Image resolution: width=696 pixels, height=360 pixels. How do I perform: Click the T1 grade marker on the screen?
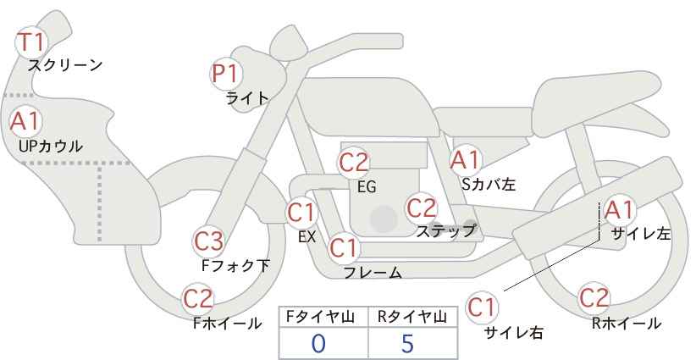pos(31,42)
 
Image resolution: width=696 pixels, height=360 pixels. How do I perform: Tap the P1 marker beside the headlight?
pos(226,74)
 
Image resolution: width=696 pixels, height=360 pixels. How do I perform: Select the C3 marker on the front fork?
pos(209,242)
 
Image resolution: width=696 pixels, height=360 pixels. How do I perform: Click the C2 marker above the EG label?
pos(354,163)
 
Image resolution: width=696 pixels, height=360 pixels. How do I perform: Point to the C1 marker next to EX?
pos(301,213)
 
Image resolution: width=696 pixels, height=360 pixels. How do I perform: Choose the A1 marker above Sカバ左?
pos(465,161)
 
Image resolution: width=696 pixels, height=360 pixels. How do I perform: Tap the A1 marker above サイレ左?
pos(619,210)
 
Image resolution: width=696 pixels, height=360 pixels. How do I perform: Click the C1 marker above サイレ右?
pos(482,307)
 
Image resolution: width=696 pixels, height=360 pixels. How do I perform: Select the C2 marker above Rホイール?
pos(594,298)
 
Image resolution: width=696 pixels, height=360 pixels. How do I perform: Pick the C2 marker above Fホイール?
pos(198,299)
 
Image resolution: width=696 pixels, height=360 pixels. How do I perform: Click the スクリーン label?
pos(65,66)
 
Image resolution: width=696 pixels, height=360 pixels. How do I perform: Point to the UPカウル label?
pos(51,146)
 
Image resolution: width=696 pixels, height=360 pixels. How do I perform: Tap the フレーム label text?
pos(373,272)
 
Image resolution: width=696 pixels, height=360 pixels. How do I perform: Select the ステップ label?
pos(446,231)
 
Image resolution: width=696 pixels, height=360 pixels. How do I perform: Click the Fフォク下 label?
pos(235,265)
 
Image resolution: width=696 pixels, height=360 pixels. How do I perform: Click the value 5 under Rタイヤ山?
pos(407,344)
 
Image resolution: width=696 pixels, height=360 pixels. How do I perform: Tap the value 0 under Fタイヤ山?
pos(318,344)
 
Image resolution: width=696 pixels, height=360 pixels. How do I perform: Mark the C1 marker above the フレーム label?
pos(344,247)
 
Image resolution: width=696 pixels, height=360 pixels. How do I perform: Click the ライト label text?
pos(247,98)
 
